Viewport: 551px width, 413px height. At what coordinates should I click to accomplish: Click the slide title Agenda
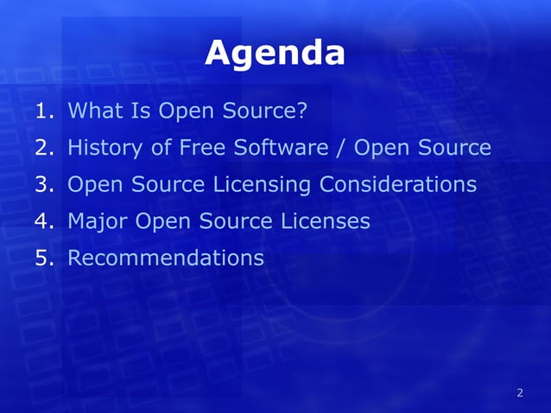(x=275, y=54)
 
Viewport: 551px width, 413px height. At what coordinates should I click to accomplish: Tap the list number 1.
(x=45, y=111)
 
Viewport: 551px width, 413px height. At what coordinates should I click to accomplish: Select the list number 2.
(x=45, y=149)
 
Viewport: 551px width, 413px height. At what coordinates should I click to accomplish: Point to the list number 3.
(x=45, y=185)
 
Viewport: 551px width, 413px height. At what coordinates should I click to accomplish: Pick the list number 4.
(x=45, y=222)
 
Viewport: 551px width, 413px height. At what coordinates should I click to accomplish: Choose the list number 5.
(x=45, y=258)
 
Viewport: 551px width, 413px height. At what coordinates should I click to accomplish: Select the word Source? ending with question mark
(x=261, y=111)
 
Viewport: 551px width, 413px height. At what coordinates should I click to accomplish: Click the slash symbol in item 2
(x=341, y=149)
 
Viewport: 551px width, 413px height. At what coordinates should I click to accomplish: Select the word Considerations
(x=398, y=185)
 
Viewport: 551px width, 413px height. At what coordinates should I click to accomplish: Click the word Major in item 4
(x=96, y=222)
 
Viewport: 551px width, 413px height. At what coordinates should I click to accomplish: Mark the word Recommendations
(x=166, y=258)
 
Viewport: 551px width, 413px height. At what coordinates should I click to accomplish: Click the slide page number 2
(x=519, y=394)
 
